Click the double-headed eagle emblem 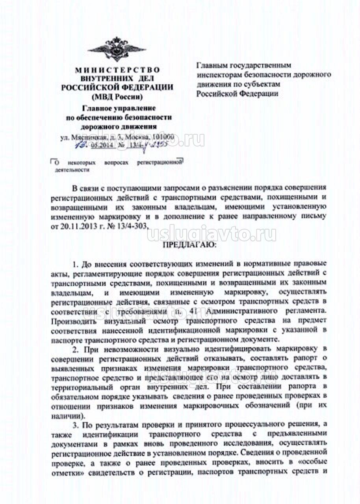pos(117,49)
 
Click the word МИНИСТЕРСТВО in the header pos(117,70)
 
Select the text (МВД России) pos(117,96)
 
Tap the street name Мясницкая pos(86,137)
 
